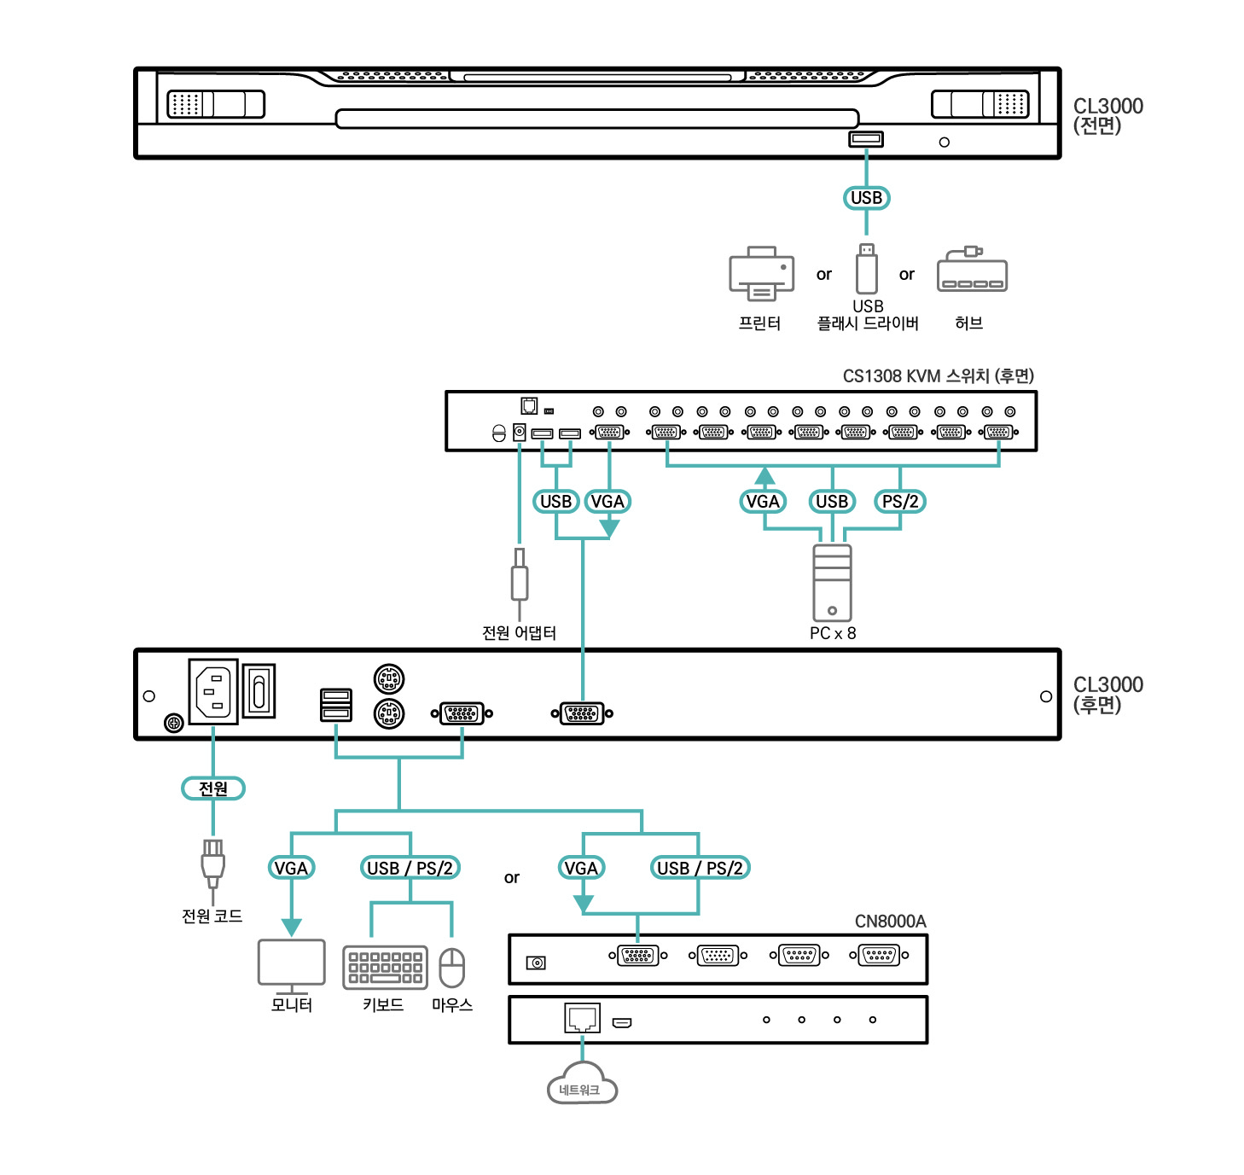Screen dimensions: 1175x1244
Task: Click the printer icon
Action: coord(761,273)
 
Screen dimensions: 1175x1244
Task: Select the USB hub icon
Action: coord(972,271)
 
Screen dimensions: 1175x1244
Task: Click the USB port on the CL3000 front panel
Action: coord(865,139)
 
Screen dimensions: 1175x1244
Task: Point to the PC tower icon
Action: coord(832,583)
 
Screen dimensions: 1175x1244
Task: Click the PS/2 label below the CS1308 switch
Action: coord(900,502)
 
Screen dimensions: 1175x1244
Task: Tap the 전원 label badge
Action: coord(213,788)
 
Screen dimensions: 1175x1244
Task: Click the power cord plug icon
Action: coord(212,864)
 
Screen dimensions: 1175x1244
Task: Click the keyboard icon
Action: coord(385,968)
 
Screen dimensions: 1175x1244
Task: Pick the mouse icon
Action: coord(451,968)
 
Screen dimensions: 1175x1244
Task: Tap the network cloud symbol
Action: coord(582,1085)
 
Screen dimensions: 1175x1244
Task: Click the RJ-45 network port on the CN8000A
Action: coord(582,1018)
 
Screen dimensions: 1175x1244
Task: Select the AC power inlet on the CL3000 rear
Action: coord(213,691)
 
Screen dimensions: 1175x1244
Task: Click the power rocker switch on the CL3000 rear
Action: coord(259,690)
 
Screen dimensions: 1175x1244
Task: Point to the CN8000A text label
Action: coord(890,922)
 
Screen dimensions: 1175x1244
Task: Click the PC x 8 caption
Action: coord(833,633)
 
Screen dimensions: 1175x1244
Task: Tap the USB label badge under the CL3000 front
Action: coord(866,198)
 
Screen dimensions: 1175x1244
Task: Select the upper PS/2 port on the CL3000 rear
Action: coord(389,679)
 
